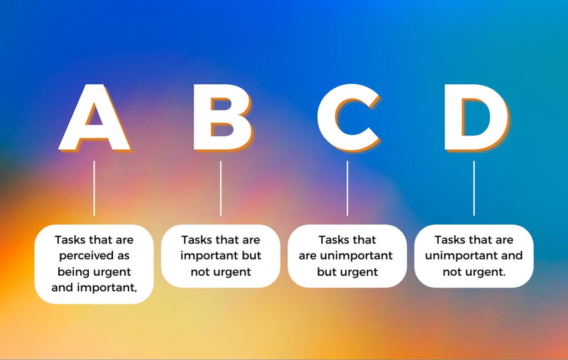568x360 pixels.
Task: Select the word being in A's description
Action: (73, 272)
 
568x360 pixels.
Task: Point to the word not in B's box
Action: (201, 272)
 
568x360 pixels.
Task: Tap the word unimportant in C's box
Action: (357, 256)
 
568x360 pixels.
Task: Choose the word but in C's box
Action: (327, 272)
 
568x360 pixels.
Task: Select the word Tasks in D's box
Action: (450, 240)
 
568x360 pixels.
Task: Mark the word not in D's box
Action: (453, 272)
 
